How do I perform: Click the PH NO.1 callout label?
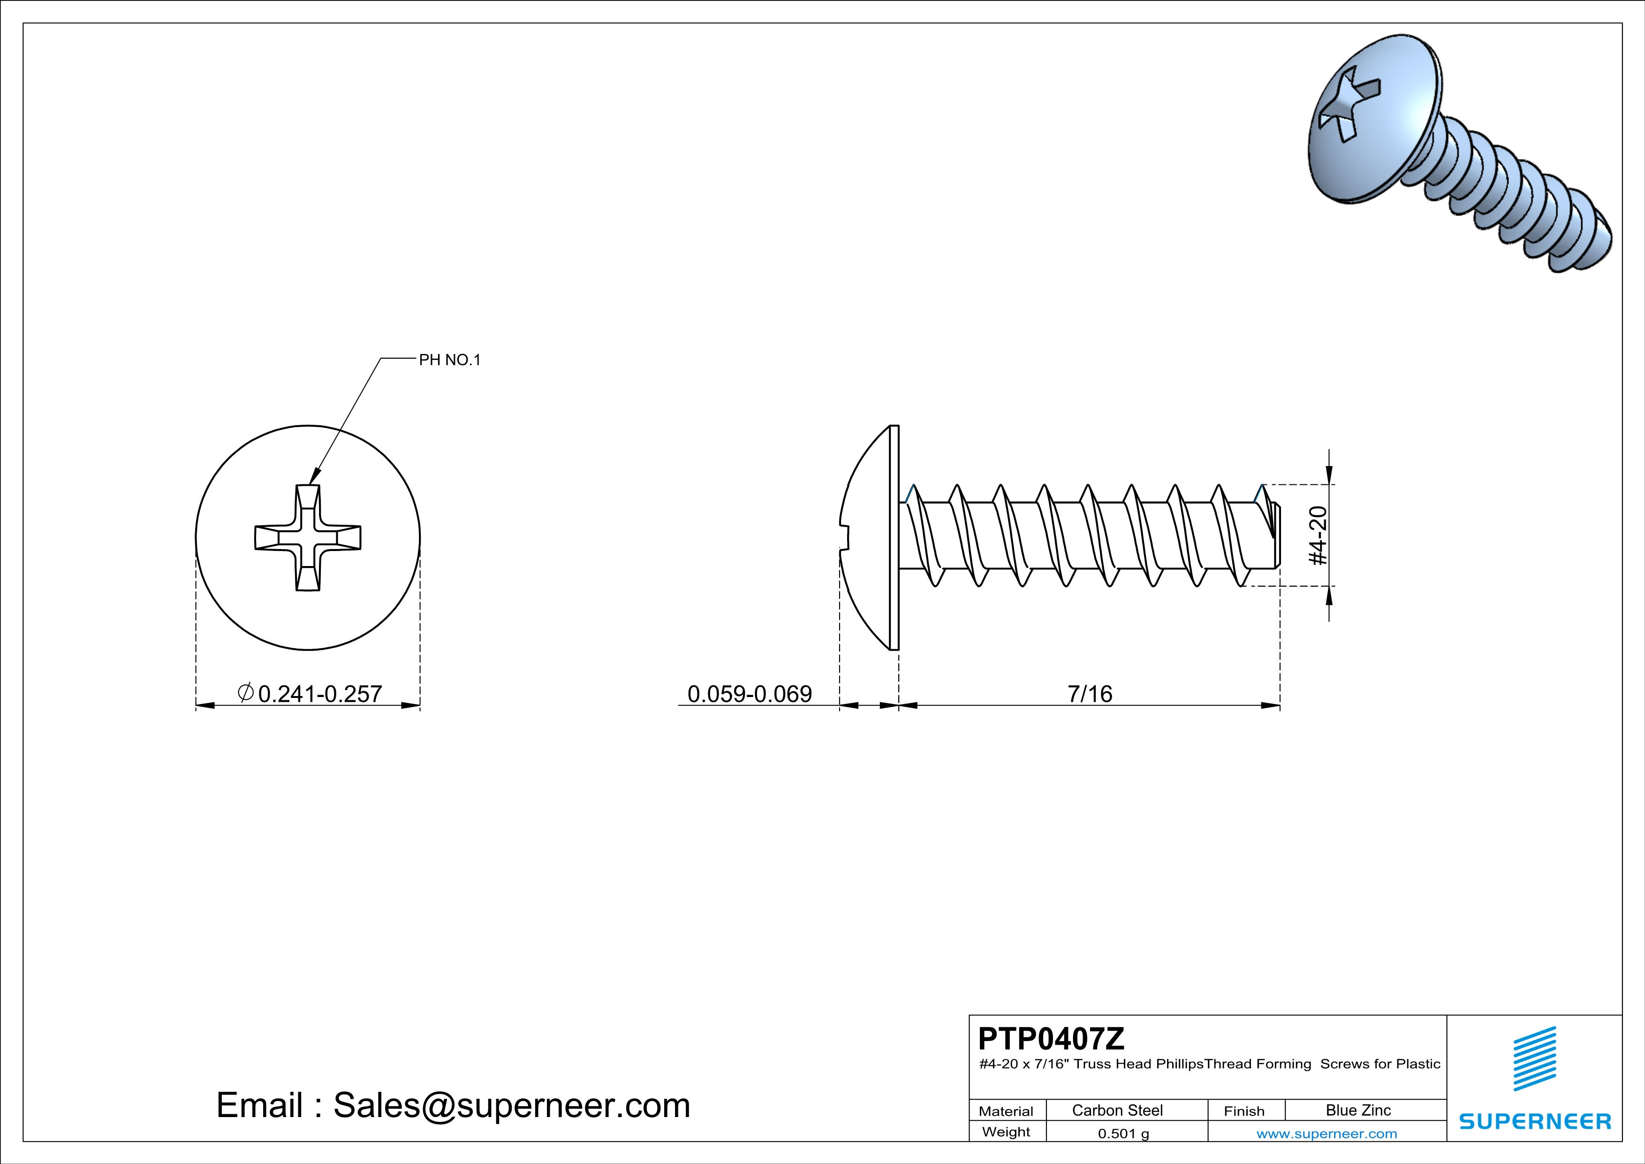pyautogui.click(x=449, y=360)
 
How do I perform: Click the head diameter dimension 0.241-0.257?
pyautogui.click(x=319, y=694)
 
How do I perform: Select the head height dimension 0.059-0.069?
pyautogui.click(x=750, y=694)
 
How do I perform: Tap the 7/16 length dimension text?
pyautogui.click(x=1089, y=694)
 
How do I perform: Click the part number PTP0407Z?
pyautogui.click(x=1051, y=1039)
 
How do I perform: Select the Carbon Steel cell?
pyautogui.click(x=1117, y=1110)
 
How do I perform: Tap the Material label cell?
pyautogui.click(x=1006, y=1111)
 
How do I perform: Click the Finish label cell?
pyautogui.click(x=1244, y=1111)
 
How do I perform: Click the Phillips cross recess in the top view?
pyautogui.click(x=308, y=537)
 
